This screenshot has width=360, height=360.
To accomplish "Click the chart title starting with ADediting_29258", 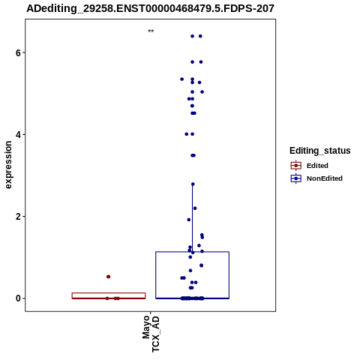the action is tap(150, 8).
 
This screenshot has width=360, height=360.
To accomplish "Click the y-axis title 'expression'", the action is tap(8, 165).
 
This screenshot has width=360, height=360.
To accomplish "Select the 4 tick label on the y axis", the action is tap(18, 135).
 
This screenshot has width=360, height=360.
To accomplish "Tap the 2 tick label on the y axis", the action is tap(18, 217).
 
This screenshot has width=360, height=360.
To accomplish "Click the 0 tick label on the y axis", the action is tap(18, 298).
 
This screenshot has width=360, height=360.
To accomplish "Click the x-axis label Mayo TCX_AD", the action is tap(151, 334).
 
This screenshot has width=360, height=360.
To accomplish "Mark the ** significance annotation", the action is tap(151, 31).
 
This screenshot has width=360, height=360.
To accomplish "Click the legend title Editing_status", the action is tap(319, 151).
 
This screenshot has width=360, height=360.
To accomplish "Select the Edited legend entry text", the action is tap(317, 166).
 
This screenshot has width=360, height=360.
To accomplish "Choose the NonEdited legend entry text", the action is tap(325, 178).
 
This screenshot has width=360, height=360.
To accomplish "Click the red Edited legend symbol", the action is tap(296, 166).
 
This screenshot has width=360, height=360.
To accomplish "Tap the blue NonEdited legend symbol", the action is tap(296, 178).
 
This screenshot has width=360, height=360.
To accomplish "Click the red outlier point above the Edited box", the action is tap(108, 277).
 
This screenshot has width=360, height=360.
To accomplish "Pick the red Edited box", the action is tap(109, 295).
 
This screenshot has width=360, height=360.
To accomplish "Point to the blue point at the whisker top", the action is tap(193, 184).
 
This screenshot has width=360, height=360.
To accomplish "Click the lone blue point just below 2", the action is tap(189, 220).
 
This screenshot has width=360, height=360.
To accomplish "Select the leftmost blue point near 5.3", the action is tap(182, 79).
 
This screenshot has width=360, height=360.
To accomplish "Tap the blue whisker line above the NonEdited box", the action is tap(192, 218).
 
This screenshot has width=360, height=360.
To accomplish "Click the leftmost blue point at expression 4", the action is tap(187, 134).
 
